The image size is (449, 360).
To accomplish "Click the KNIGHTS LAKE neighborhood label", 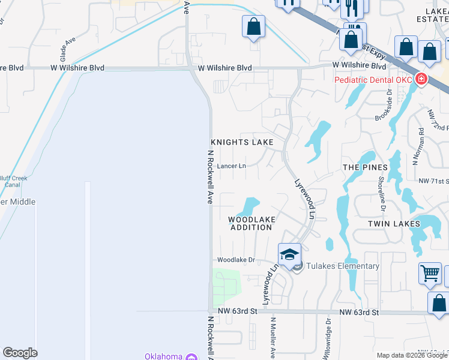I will [242, 142].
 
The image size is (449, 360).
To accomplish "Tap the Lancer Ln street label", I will [232, 166].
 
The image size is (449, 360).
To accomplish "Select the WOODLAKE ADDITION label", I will [252, 224].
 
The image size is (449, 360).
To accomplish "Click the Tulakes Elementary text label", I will [343, 266].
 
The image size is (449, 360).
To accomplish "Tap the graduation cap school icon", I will [289, 254].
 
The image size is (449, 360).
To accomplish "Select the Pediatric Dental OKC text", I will [373, 80].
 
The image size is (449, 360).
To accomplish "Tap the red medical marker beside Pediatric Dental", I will [421, 79].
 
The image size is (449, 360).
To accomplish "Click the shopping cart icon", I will [430, 274].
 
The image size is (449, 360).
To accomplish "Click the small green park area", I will [226, 283].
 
